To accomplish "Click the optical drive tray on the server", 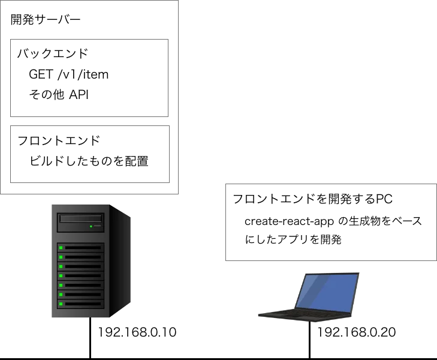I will (x=80, y=219).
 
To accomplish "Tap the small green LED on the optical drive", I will (x=91, y=226).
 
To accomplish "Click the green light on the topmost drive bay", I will (x=61, y=247).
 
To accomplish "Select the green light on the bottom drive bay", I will (x=61, y=304).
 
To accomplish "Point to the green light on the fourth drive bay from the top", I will (x=61, y=275).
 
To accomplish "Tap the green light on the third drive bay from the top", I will (x=61, y=266).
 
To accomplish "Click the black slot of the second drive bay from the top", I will (x=83, y=257).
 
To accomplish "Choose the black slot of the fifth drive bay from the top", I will (x=83, y=285).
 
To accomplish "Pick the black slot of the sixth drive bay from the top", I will (x=83, y=295).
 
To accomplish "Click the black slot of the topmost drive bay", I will (x=83, y=247).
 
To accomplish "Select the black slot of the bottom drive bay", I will (x=83, y=304).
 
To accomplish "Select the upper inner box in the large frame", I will (x=91, y=79).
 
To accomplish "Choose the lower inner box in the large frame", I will (x=91, y=155).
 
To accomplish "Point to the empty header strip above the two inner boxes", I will (x=91, y=22).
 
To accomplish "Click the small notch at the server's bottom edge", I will (x=88, y=319).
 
